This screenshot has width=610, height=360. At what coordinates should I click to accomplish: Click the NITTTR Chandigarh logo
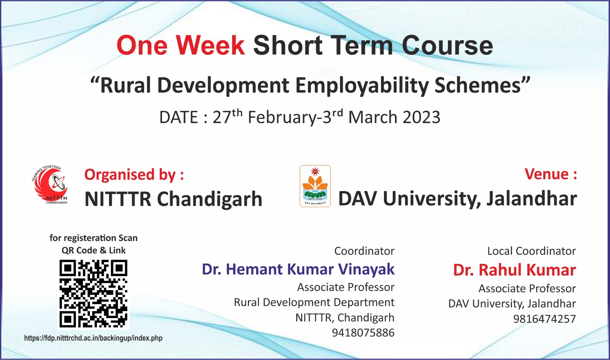point(51,185)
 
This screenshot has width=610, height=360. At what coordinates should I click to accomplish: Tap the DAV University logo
point(315,186)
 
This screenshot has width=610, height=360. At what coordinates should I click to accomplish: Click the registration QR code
point(93,294)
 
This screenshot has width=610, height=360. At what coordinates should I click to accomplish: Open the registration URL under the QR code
point(93,338)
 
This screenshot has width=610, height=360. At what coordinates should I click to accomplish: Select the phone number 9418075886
point(363,333)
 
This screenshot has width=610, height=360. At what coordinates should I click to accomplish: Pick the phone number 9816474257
point(544,319)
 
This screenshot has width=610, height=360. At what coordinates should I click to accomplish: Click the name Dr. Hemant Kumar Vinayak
point(298,269)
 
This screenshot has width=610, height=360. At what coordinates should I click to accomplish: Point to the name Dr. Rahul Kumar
point(514,270)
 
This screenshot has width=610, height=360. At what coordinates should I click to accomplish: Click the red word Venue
point(547,174)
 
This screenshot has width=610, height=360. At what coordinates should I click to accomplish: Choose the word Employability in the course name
point(362,85)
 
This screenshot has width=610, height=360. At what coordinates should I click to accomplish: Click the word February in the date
point(282,117)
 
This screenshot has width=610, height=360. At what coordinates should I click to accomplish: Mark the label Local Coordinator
point(531,251)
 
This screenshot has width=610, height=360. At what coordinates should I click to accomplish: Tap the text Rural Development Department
point(314,302)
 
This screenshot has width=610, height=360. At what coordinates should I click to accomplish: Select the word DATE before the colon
point(179,117)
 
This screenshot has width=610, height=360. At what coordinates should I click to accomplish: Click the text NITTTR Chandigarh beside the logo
point(173,199)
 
